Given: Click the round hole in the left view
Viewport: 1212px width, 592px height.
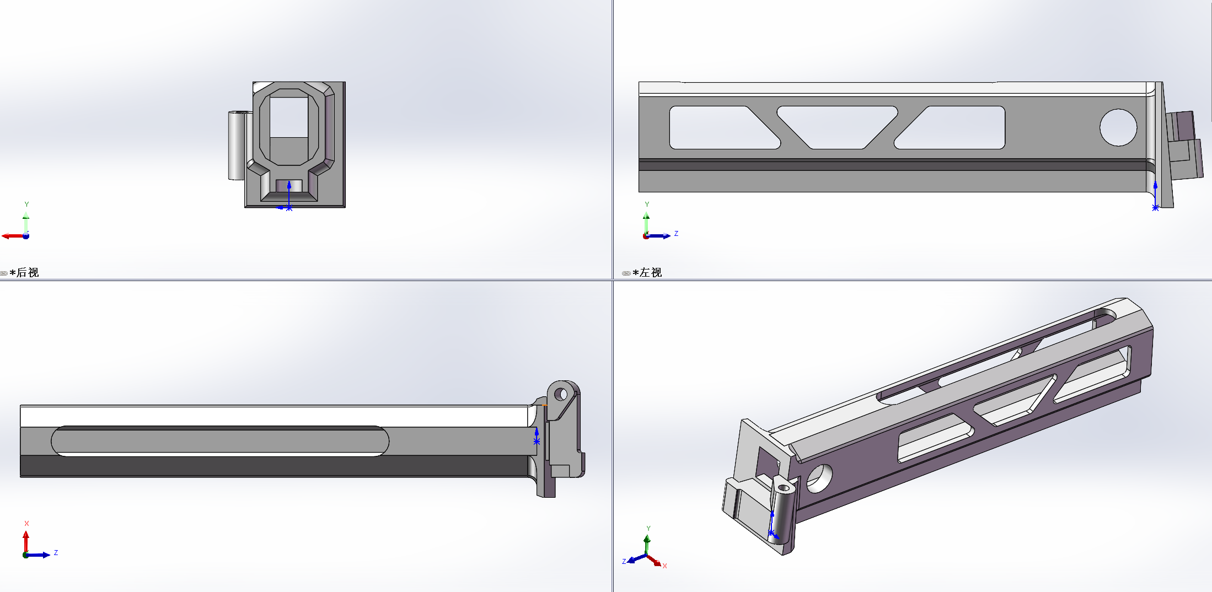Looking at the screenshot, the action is click(1118, 127).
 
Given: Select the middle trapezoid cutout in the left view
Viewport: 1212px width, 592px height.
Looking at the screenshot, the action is click(837, 127).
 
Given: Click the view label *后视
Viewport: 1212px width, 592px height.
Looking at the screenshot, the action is click(24, 273).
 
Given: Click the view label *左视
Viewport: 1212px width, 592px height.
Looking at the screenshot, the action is click(647, 273).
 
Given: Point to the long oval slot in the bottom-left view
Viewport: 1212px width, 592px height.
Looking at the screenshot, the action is click(220, 441).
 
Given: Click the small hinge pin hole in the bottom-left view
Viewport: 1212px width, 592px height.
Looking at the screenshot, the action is click(561, 394).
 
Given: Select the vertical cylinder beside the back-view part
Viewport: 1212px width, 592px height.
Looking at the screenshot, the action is click(237, 145).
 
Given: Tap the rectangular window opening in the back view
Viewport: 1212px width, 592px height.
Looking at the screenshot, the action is click(288, 117).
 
